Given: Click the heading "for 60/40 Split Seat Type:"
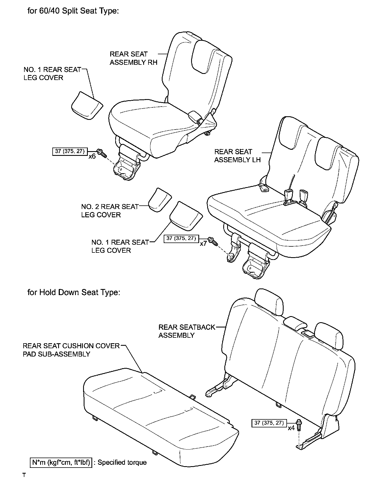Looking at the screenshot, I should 73,11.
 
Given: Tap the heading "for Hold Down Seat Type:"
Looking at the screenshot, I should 74,292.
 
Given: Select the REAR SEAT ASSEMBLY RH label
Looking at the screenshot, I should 133,58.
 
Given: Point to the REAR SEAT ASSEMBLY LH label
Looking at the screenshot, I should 237,156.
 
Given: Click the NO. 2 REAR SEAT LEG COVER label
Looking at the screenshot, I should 109,211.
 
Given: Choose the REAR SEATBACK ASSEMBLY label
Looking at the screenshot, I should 186,331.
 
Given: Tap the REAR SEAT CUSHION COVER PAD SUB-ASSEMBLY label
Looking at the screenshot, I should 71,350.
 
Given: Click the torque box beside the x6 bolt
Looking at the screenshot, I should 70,151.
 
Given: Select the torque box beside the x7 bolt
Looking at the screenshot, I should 181,238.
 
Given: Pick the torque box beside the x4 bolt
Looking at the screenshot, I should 269,423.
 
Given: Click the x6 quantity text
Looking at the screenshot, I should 92,156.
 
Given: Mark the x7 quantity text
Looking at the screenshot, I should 203,244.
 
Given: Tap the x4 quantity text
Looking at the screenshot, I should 291,428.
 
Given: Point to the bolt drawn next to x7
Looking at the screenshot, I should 213,241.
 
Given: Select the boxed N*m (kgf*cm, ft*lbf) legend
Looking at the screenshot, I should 61,463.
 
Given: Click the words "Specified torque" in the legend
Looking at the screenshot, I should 122,463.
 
